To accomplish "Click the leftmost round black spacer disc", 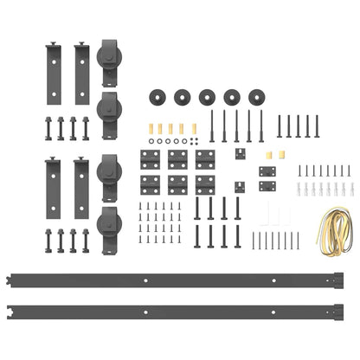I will click(158, 96).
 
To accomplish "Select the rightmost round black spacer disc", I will click(259, 96).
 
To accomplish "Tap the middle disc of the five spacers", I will click(209, 96).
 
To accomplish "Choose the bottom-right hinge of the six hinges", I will click(205, 184).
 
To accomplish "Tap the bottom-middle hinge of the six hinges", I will click(178, 184).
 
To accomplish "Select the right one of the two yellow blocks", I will click(279, 155).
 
